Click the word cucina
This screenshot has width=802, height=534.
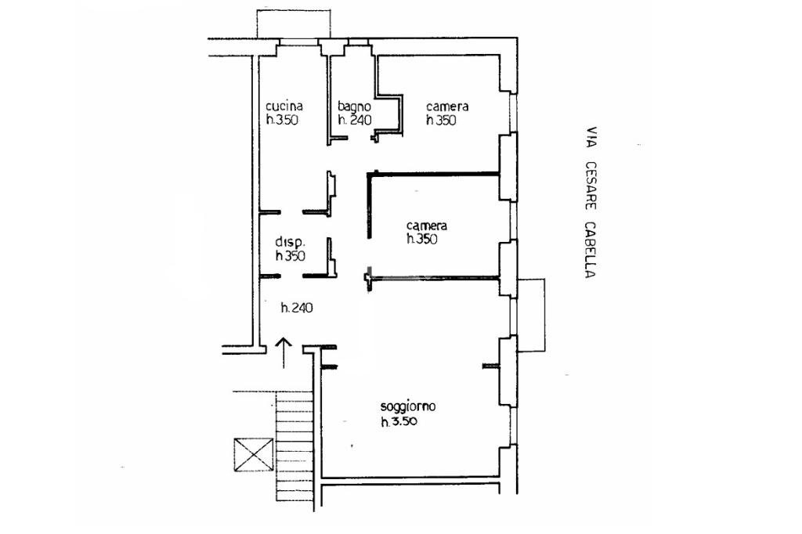pos(284,106)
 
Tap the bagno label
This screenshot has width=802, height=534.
pos(354,107)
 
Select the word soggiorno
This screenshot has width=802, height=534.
pos(408,406)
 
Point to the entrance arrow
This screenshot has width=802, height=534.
pos(284,353)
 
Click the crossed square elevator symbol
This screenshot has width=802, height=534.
pos(253,454)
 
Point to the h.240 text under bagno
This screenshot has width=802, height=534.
pos(355,121)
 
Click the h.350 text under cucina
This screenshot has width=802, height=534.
pos(282,121)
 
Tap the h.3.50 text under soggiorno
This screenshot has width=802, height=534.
pos(399,421)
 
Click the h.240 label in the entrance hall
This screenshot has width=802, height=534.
pos(297,308)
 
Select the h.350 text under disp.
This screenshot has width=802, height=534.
pos(291,256)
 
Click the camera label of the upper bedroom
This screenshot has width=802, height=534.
pos(447,106)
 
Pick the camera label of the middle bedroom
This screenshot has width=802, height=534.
pos(427,226)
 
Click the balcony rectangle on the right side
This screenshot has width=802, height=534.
pos(532,315)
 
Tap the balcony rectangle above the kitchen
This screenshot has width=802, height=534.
pos(294,23)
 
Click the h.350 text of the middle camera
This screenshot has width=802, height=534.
pos(422,239)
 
